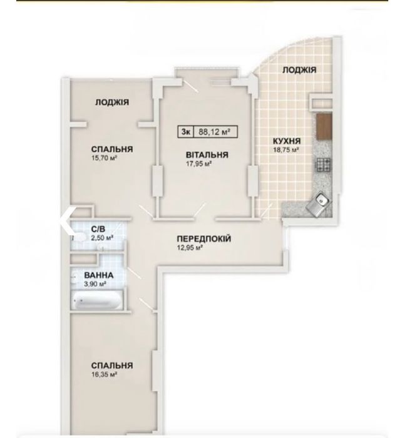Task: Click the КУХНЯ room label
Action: [287, 141]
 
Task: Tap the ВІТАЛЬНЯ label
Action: [207, 155]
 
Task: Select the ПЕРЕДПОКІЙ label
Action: [204, 239]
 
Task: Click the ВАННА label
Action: [99, 275]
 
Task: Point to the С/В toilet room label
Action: [98, 230]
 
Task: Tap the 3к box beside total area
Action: [185, 131]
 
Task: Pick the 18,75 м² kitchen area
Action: [286, 150]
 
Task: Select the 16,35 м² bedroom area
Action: [104, 374]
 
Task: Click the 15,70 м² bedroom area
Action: [104, 158]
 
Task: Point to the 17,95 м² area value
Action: [198, 164]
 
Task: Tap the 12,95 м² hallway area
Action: [190, 248]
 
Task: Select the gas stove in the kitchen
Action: [324, 165]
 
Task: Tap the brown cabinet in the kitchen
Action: [324, 127]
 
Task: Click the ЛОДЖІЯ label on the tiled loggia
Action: [299, 70]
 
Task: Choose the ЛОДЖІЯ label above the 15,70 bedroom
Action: [112, 102]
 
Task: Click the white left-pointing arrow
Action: [67, 220]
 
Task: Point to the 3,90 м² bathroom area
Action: [95, 284]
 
